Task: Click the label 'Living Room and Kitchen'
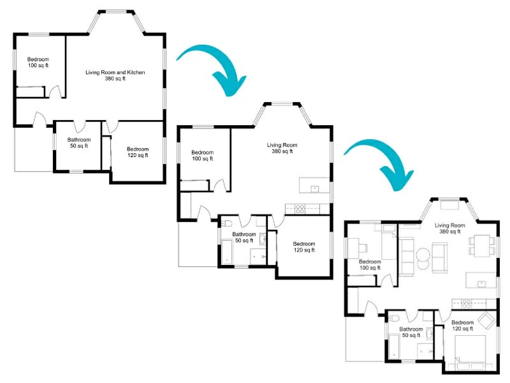point(115,75)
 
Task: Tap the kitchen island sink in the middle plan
point(314,188)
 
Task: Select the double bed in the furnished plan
point(471,351)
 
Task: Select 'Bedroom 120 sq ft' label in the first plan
point(137,152)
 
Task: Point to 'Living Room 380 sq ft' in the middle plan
point(282,148)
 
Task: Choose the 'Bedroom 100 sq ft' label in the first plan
point(38,62)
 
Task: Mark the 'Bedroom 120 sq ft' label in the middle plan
point(303,246)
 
